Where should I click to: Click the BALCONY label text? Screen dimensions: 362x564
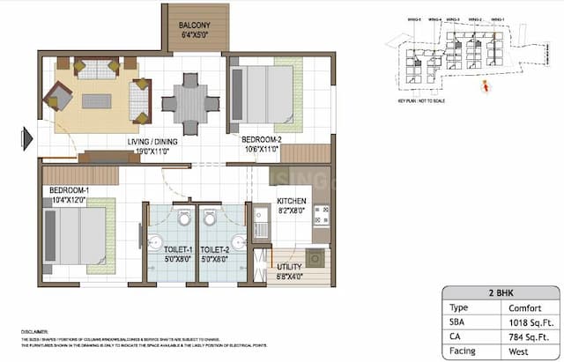click(x=194, y=26)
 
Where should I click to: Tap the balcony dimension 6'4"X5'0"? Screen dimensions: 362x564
click(x=194, y=37)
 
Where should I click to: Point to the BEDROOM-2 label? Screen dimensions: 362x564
click(x=262, y=139)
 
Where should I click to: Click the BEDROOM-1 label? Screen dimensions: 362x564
click(x=69, y=191)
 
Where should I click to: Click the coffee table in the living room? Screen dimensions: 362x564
click(x=96, y=100)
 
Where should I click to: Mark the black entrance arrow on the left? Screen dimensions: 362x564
click(x=28, y=137)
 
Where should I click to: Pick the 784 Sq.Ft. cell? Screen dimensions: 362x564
click(x=529, y=338)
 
